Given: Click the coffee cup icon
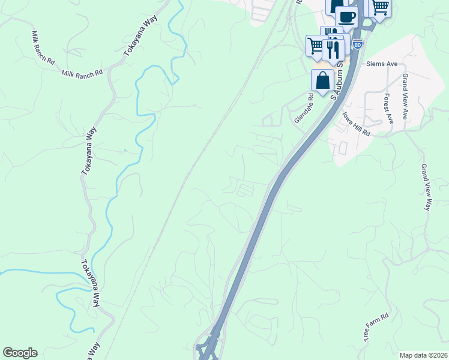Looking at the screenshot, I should coord(346,16).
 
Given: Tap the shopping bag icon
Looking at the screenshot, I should coord(323,80).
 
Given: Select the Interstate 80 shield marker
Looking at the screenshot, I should coord(358,44).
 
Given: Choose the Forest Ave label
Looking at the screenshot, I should coord(388,109).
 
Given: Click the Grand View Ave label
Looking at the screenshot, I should coord(406,96).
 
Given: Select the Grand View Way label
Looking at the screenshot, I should coord(426,187).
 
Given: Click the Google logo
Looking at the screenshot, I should coord(20,353).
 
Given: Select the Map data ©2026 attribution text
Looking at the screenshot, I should coord(424,355).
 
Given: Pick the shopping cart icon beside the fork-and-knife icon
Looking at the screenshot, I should coord(316,46).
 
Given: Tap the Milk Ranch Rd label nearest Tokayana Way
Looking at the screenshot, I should coord(82,73).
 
